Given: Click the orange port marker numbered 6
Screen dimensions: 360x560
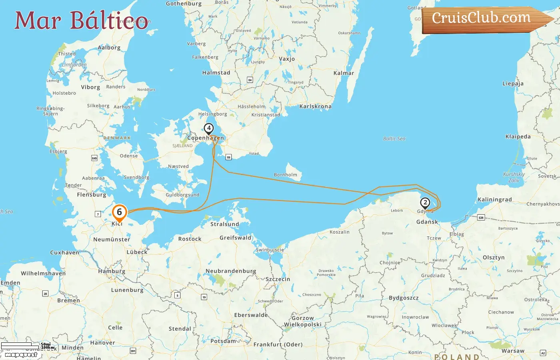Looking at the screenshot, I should (x=119, y=212).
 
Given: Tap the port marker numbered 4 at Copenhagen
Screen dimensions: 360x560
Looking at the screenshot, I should (x=208, y=128).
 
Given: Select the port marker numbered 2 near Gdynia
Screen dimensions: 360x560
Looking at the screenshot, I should (x=425, y=203).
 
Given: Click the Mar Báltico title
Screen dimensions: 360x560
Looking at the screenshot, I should (x=82, y=20).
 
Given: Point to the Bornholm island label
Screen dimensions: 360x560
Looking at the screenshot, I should (x=286, y=175).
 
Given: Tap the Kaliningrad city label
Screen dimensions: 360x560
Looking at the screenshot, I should (x=494, y=200).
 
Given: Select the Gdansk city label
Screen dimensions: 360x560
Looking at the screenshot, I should (x=427, y=222).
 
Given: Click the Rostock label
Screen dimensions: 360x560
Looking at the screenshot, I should (x=190, y=239).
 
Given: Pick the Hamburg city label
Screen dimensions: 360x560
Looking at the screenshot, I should (x=112, y=271).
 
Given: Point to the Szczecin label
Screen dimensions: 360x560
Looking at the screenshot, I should (x=278, y=279).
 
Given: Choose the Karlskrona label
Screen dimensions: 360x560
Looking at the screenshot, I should (x=315, y=106).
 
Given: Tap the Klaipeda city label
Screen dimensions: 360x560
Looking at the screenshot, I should (x=518, y=137).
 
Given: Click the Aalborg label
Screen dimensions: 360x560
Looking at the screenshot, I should (x=109, y=48).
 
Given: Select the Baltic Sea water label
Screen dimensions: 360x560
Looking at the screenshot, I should (x=394, y=139).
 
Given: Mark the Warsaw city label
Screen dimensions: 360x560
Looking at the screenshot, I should (x=513, y=351).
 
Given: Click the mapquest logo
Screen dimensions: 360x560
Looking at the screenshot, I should (x=21, y=354).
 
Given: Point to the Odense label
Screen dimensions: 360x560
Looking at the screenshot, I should (x=129, y=156).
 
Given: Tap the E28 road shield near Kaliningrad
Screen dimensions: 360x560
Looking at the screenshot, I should (x=481, y=218).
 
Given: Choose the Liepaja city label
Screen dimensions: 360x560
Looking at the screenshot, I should (x=513, y=84).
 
